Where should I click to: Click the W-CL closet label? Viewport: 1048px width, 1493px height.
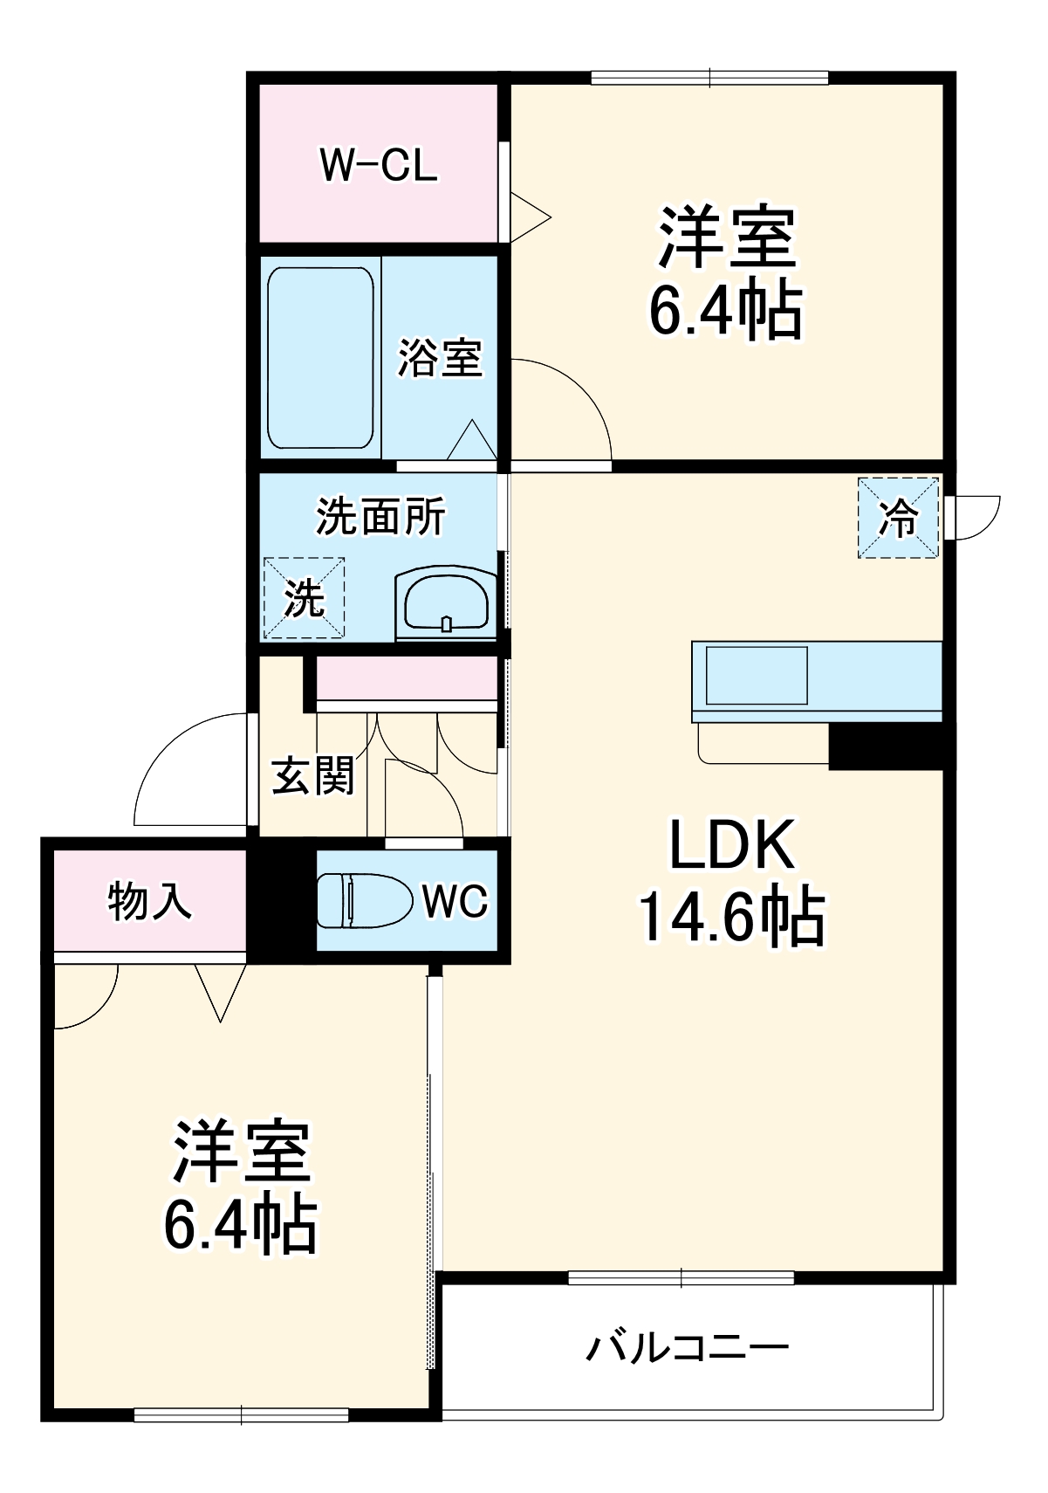(378, 165)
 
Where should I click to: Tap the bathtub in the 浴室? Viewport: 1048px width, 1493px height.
(320, 357)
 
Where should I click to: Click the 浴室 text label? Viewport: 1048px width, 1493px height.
(441, 358)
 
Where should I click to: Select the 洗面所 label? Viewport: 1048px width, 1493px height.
(380, 517)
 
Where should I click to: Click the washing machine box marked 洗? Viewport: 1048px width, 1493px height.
(305, 598)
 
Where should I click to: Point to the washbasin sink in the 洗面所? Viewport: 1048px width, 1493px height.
(446, 602)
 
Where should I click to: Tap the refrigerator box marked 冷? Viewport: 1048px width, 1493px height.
(898, 518)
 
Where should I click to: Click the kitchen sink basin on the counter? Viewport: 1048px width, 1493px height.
(756, 675)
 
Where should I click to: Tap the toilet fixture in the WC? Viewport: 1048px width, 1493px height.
(364, 900)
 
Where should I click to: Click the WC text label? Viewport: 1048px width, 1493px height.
(455, 901)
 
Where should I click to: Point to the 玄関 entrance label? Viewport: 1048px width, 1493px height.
(313, 776)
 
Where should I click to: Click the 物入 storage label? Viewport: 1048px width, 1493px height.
(149, 901)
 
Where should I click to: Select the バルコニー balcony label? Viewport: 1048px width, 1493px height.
(687, 1347)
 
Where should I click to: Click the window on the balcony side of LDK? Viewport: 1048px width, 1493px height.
(681, 1278)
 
